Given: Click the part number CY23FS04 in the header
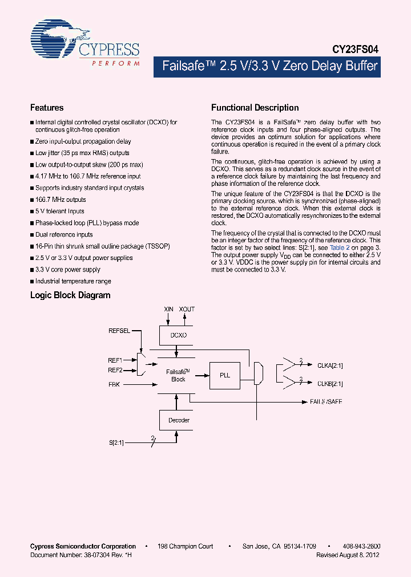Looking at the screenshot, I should [x=355, y=50].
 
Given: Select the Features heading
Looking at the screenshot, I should [x=47, y=107].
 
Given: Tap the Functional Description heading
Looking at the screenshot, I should [x=255, y=107].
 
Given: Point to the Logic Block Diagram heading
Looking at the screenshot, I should [x=70, y=295].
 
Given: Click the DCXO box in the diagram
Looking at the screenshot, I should [x=178, y=335].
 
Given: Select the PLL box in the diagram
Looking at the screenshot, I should [x=224, y=375].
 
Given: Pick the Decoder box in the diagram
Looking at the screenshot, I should [x=178, y=420].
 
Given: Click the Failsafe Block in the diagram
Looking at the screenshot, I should [x=178, y=375].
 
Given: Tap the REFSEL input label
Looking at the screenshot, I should [x=119, y=330].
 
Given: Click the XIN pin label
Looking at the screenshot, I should [x=168, y=309].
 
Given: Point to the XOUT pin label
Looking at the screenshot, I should [x=187, y=309].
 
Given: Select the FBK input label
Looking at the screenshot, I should [x=114, y=385].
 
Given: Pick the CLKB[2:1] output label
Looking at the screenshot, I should [x=330, y=384].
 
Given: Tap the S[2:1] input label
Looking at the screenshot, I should [x=116, y=442].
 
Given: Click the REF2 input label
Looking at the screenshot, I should [x=115, y=370].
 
